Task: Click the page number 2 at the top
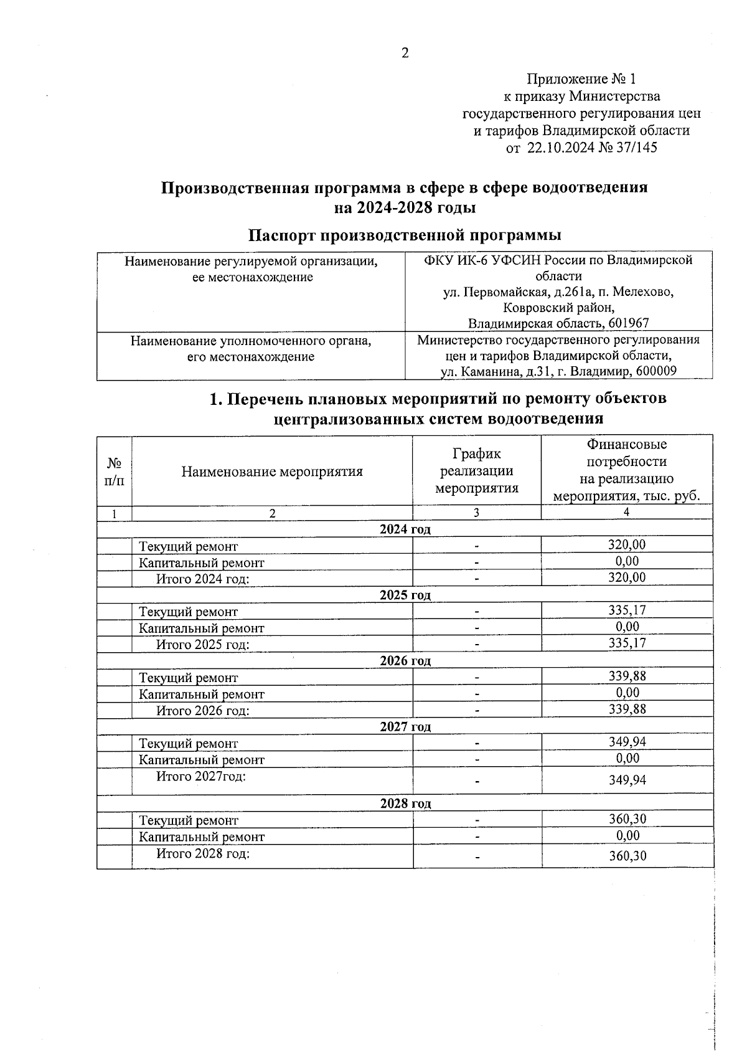405,54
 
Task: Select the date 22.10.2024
558,148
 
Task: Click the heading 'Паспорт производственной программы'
405,235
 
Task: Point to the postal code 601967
630,323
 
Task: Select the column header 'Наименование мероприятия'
272,472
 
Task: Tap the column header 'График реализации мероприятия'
476,471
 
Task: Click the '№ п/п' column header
115,472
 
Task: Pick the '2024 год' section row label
405,529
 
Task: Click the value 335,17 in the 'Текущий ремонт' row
627,610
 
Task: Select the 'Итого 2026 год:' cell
203,711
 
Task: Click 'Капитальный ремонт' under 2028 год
202,837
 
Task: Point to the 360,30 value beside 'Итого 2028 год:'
627,856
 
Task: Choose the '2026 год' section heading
405,661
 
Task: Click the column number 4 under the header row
626,512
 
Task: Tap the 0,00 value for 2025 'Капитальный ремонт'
627,627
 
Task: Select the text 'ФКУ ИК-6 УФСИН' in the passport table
478,260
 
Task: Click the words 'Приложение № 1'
581,79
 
